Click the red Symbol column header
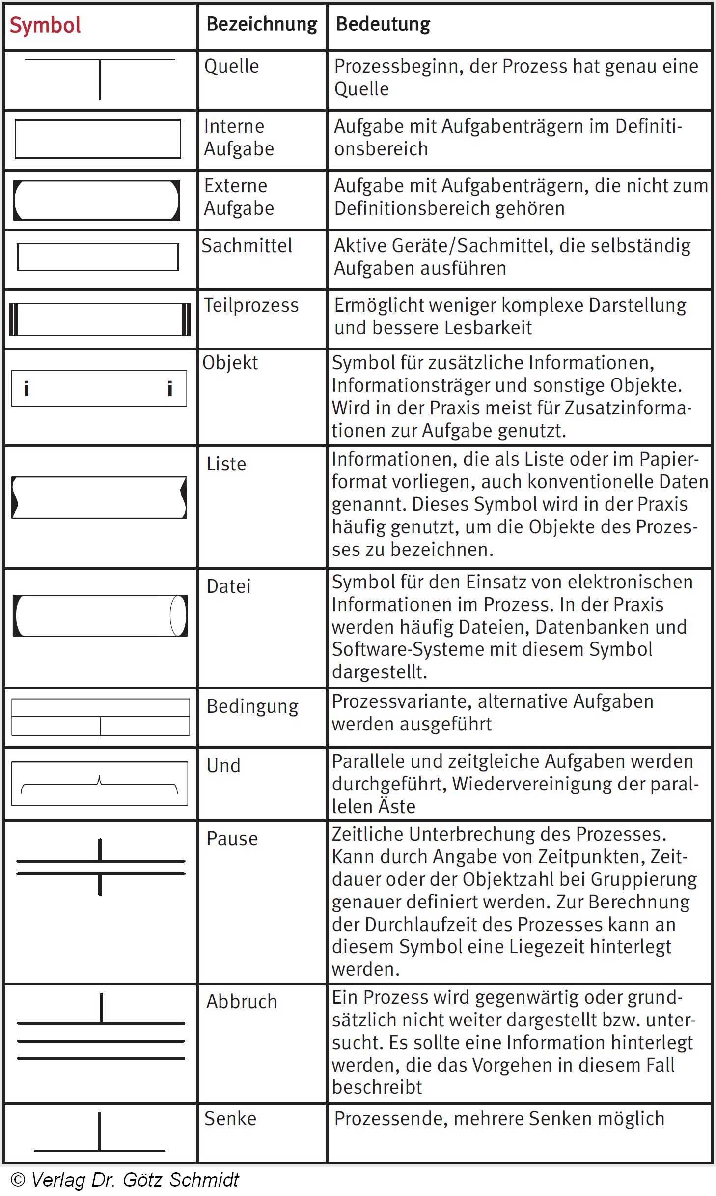(x=45, y=26)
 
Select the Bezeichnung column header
(x=262, y=25)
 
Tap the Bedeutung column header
(x=383, y=25)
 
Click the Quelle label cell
(x=231, y=67)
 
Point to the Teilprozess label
(x=251, y=305)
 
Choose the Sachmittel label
(x=247, y=246)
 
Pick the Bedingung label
(x=252, y=706)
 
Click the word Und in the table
(x=223, y=766)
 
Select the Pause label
(x=232, y=839)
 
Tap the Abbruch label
(x=242, y=1002)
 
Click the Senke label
(x=230, y=1119)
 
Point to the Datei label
(x=228, y=586)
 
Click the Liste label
(x=226, y=464)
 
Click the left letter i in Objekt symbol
(x=27, y=389)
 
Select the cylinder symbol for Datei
(x=100, y=615)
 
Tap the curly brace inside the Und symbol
(x=100, y=785)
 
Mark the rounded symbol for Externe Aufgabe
(x=97, y=200)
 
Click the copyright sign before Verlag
(x=18, y=1180)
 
